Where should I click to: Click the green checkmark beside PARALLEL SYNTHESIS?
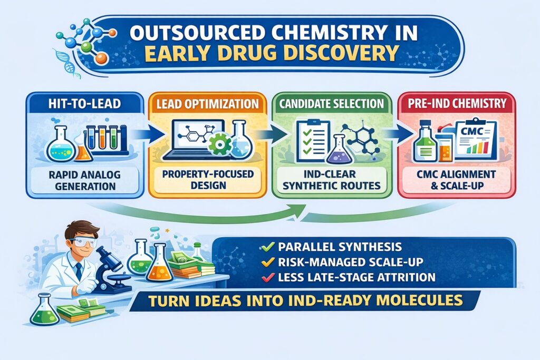(x=267, y=247)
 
